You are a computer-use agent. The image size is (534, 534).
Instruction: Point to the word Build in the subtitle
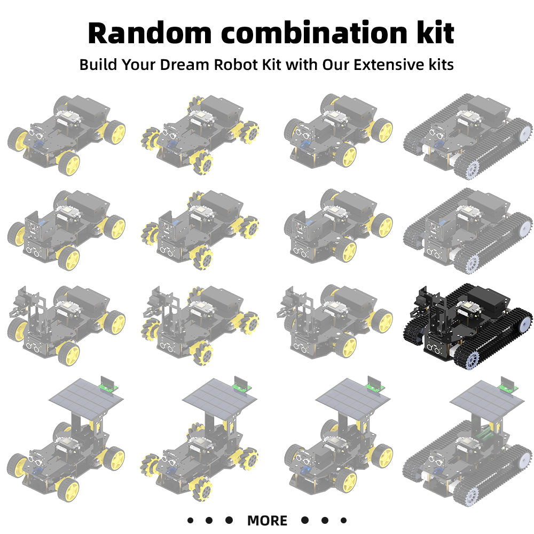tap(98, 65)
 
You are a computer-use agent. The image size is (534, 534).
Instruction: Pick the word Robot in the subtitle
tap(235, 65)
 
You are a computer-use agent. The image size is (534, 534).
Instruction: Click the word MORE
tap(267, 520)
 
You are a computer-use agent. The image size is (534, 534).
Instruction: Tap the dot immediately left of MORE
tap(229, 520)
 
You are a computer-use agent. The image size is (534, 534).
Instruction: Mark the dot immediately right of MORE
tap(305, 520)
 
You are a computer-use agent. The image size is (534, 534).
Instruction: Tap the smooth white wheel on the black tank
tap(525, 323)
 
